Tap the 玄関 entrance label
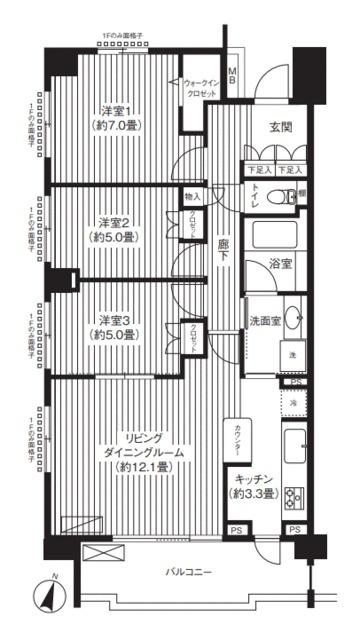281,127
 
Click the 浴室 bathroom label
280,264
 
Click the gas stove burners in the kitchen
294,496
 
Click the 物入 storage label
192,197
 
